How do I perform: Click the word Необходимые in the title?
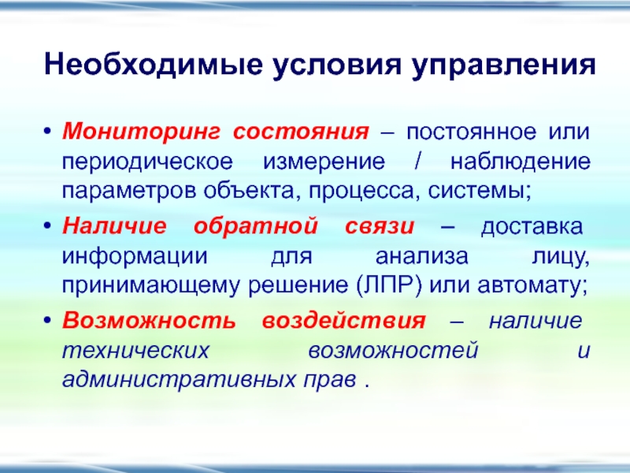point(153,65)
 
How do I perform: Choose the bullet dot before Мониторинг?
point(48,132)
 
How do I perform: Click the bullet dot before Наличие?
point(48,226)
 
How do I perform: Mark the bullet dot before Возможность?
point(48,321)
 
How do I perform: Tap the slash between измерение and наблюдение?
point(418,162)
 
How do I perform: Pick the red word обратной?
point(255,226)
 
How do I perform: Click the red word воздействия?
point(343,321)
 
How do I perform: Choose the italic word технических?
point(135,351)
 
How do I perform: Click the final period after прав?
point(366,385)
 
